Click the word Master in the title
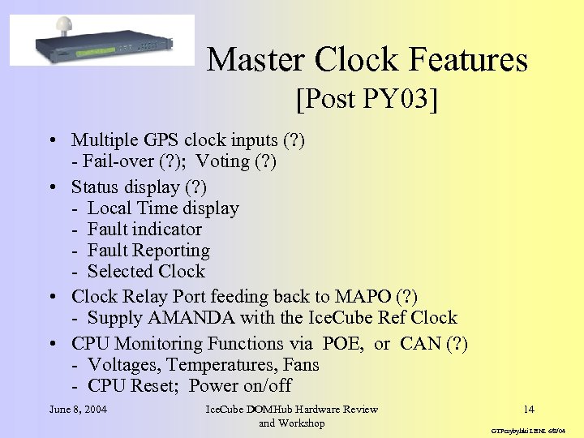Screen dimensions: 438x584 (x=256, y=60)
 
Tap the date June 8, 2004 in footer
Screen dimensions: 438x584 (x=78, y=409)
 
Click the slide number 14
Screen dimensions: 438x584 (x=529, y=409)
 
